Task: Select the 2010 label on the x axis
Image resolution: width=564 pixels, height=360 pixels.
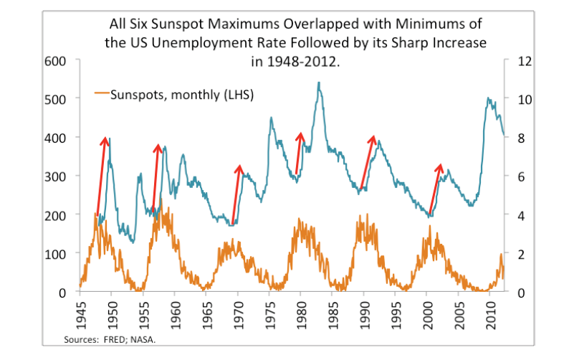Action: click(490, 311)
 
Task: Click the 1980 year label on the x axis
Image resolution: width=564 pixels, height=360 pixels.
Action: click(300, 311)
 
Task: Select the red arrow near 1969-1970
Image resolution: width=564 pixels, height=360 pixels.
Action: click(236, 194)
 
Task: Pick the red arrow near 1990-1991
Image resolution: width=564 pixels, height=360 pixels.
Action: click(368, 161)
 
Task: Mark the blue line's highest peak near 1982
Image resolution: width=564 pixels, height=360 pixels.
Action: click(318, 83)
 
